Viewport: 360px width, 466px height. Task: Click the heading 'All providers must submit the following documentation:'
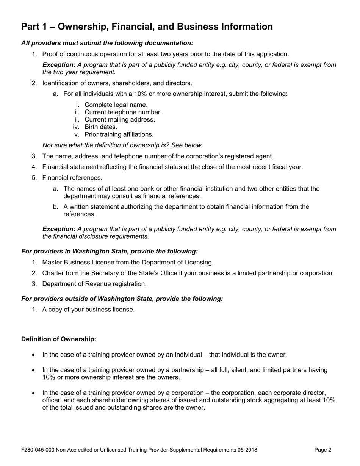107,43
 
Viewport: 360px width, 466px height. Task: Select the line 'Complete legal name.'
116,105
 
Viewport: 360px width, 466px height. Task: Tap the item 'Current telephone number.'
123,112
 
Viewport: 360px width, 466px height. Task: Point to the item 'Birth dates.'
101,127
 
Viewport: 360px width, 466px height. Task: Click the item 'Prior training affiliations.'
119,134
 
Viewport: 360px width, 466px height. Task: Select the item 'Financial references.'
72,178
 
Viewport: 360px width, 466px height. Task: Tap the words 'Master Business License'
77,262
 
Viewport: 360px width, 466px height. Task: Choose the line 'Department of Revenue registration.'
94,284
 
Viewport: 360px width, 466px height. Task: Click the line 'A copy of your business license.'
88,310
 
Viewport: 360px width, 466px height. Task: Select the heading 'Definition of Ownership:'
59,339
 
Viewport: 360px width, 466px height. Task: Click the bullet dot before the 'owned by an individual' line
34,355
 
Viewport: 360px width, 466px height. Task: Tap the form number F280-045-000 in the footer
38,450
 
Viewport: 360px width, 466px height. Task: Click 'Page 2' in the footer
323,450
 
